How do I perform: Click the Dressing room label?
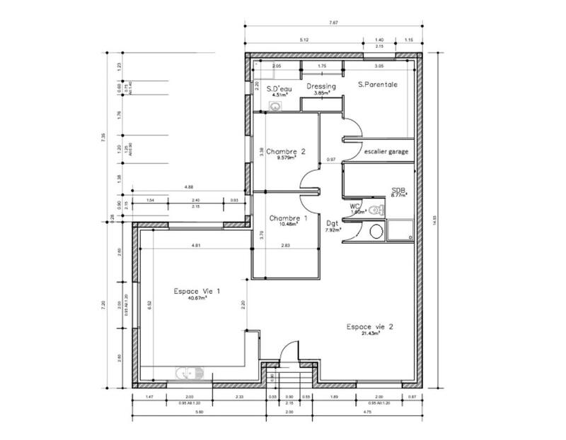point(320,86)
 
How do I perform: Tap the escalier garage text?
point(386,151)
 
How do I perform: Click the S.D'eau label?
point(279,88)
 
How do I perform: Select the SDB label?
point(398,191)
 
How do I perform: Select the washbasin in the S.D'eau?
point(275,106)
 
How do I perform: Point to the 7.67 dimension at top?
point(334,23)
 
